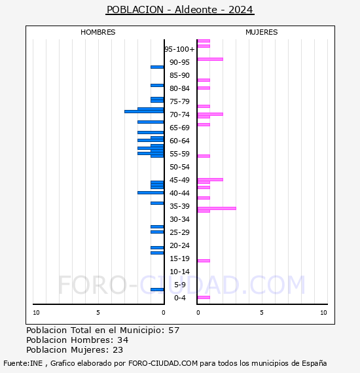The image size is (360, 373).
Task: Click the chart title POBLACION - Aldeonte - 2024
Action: coord(179,10)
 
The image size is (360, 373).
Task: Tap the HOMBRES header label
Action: coord(98,32)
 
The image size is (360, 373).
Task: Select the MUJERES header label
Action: coord(261,32)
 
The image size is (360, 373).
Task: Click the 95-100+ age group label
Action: coord(179,49)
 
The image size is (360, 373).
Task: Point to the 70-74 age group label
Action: coord(179,115)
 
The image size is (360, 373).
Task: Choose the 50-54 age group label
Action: coord(179,167)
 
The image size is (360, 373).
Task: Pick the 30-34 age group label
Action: coord(179,219)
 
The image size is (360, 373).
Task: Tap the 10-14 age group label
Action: coord(179,272)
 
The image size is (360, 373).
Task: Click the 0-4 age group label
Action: coord(179,298)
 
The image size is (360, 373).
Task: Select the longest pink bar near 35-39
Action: coord(217,208)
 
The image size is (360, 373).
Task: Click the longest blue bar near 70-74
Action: coord(144,111)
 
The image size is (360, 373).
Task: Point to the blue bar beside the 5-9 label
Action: coord(157,289)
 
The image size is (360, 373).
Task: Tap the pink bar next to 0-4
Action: coord(204,297)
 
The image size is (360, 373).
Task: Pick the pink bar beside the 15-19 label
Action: coord(204,260)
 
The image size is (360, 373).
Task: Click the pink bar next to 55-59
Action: coord(204,156)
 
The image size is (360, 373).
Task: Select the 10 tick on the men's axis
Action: coord(36,313)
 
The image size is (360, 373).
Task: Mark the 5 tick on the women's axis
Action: coord(261,313)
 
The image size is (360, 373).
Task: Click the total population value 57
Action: coord(173,330)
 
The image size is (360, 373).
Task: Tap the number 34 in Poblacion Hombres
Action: coord(122,340)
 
